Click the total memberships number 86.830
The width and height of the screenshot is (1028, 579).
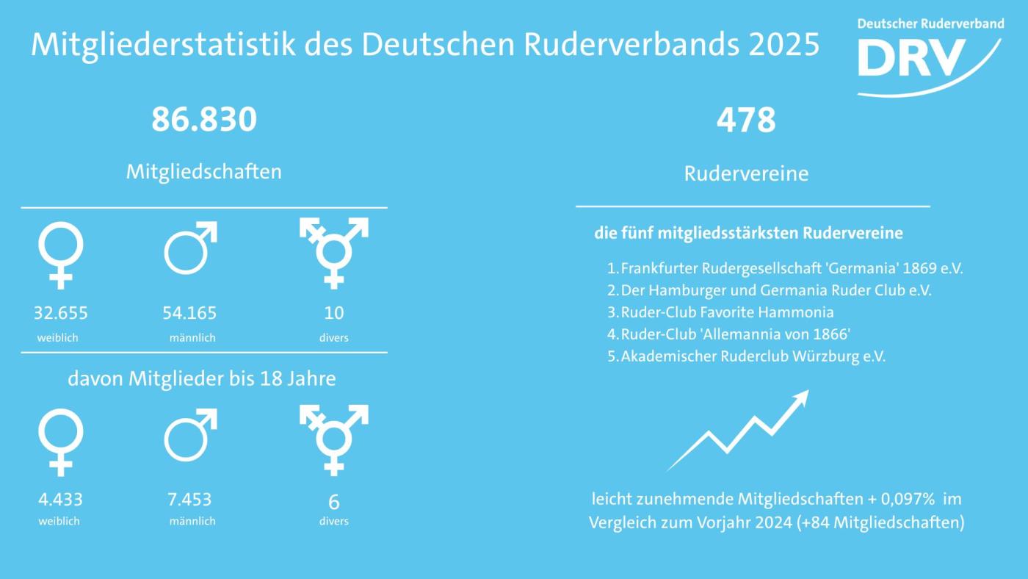tap(204, 120)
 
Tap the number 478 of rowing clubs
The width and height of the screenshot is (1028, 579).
tap(746, 120)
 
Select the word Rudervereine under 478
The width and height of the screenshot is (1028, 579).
tap(746, 174)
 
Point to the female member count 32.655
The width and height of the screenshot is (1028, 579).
tap(60, 313)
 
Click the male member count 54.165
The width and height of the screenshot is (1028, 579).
tap(189, 313)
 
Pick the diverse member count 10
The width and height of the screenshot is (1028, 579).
tap(334, 313)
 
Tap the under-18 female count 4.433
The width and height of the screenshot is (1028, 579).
tap(60, 500)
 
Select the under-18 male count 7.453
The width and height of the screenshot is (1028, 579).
tap(189, 500)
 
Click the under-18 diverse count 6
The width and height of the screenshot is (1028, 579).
tap(334, 502)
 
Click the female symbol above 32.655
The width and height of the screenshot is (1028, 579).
tap(60, 253)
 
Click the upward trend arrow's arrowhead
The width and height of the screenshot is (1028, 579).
tap(800, 398)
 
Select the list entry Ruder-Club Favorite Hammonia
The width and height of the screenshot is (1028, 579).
tap(727, 312)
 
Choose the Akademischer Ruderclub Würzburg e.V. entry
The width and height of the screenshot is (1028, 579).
tap(753, 356)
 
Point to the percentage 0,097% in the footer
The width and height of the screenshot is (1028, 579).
tap(909, 500)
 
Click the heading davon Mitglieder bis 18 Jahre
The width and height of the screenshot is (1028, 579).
tap(202, 379)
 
